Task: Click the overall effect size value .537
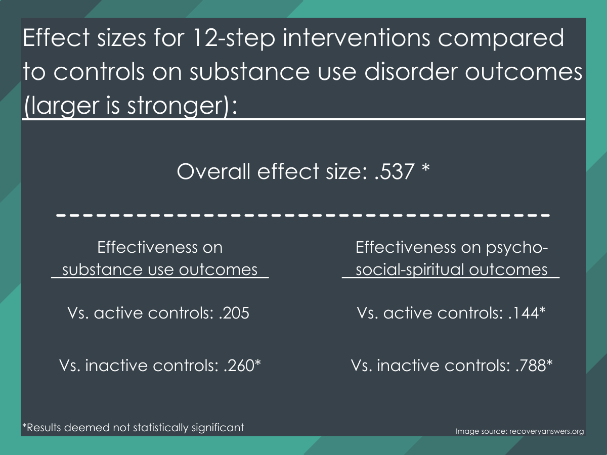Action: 395,172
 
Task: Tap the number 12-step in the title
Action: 234,38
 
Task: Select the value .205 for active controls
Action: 234,313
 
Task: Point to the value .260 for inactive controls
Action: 239,366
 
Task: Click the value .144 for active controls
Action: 524,313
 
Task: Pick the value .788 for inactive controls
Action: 531,366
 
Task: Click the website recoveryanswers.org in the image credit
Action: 546,431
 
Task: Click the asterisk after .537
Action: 426,167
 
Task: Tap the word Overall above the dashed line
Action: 213,171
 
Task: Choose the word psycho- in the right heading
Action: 517,248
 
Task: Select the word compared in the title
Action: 501,39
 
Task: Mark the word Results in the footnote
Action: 44,428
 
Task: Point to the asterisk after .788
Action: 549,362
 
